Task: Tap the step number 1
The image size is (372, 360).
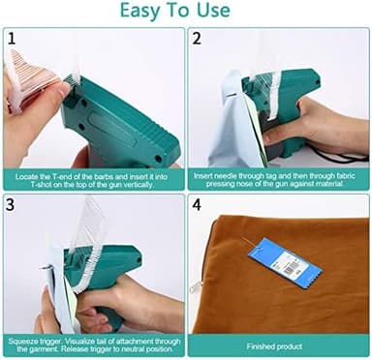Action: tap(11, 39)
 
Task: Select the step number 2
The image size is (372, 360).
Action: tap(197, 39)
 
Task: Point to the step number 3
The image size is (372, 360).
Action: tap(11, 205)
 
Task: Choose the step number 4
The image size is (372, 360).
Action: tap(197, 205)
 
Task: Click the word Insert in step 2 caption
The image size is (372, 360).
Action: tap(205, 175)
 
